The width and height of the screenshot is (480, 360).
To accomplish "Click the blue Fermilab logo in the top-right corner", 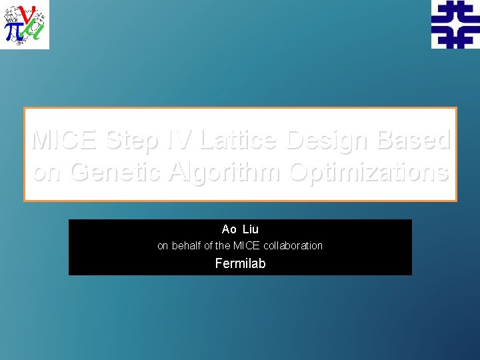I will click(x=455, y=25).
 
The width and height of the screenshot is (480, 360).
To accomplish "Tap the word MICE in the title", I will click(x=65, y=140).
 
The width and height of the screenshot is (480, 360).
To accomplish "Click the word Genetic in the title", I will click(x=116, y=172).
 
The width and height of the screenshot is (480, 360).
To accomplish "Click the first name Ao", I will click(x=229, y=229).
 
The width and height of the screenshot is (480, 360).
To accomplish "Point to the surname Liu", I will click(x=251, y=229).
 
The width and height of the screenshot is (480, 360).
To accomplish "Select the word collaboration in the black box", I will click(x=295, y=245).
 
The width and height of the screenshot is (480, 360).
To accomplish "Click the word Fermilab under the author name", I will click(x=240, y=263).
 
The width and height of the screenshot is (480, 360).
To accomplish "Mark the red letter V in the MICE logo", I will click(x=28, y=14).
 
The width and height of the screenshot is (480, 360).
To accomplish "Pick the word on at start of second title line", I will click(x=48, y=172).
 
